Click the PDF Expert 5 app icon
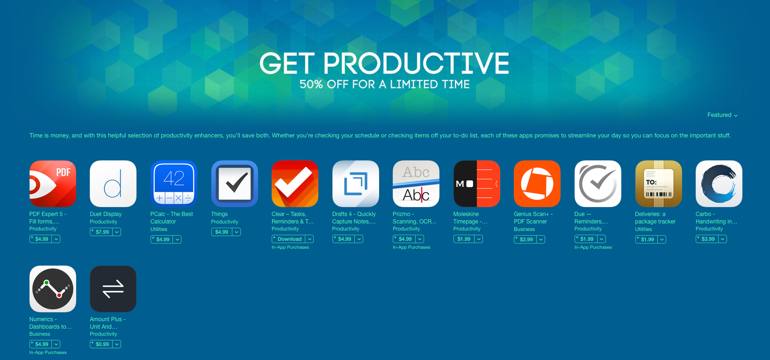tap(52, 184)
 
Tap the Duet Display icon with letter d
tap(113, 184)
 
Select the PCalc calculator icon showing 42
tap(173, 184)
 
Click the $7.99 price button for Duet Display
tap(101, 232)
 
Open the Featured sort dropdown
tap(722, 115)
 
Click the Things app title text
tap(219, 214)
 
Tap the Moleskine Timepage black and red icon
tap(476, 184)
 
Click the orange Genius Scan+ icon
tap(537, 184)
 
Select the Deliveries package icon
tap(658, 184)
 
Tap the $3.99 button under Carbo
tap(707, 239)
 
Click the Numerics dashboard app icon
tap(52, 289)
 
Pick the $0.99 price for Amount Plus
tap(101, 344)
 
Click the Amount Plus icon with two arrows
tap(113, 289)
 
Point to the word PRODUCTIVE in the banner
tap(416, 64)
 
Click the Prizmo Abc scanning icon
tap(416, 184)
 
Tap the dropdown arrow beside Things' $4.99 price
tap(237, 232)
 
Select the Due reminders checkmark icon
tap(597, 184)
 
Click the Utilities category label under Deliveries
tap(643, 229)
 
